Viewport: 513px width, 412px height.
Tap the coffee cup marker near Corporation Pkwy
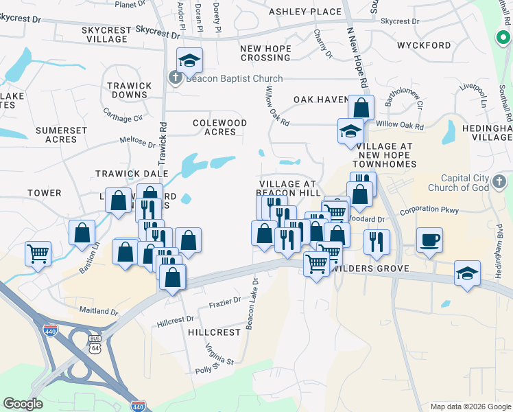(x=429, y=240)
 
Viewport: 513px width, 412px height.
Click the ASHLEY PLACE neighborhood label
(x=305, y=12)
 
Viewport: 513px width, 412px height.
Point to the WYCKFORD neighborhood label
(x=424, y=46)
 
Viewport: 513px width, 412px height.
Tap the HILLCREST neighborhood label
(x=214, y=332)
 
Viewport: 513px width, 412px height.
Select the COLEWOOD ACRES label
(x=219, y=127)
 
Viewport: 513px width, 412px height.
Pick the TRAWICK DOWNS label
(x=129, y=91)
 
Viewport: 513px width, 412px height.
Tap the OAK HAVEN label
(x=321, y=100)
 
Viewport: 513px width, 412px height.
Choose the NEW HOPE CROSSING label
(x=265, y=54)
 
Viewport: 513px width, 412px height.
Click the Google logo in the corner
(x=23, y=404)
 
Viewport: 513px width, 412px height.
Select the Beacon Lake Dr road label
(x=250, y=303)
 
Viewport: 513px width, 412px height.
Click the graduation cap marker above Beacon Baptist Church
(x=189, y=60)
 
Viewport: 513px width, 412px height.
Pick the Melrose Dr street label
(x=138, y=142)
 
